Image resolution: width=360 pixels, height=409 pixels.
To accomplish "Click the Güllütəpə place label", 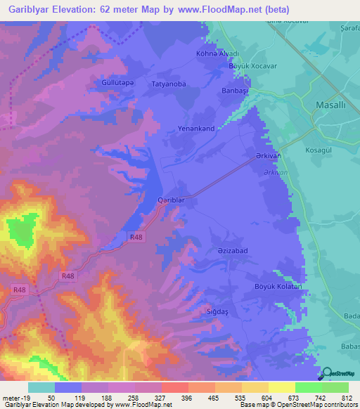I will pos(113,82).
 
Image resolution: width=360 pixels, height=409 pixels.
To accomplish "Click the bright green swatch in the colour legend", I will pos(308,387).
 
